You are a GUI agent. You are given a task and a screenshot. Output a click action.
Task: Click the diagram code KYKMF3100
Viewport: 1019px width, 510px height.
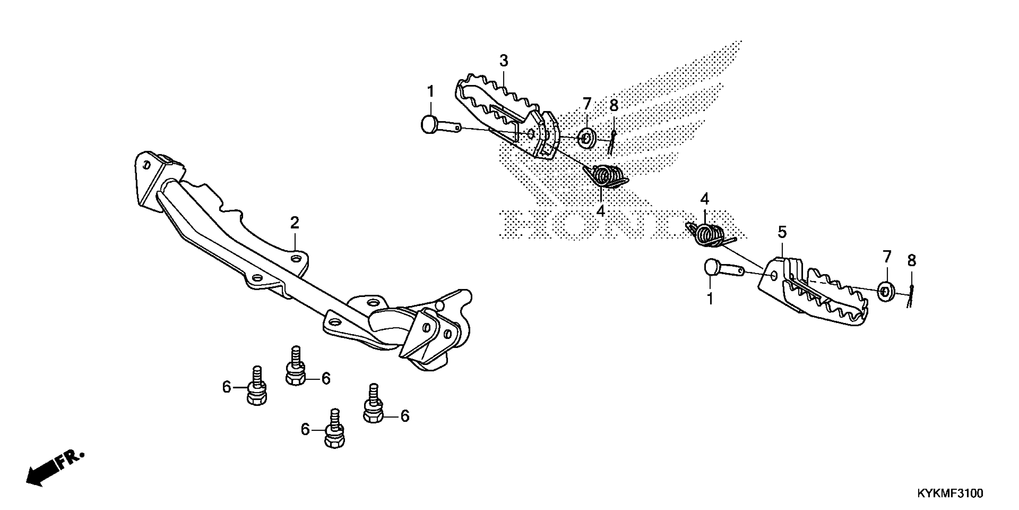[x=949, y=493]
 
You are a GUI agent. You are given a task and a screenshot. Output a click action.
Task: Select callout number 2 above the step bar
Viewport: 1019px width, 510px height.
[x=294, y=223]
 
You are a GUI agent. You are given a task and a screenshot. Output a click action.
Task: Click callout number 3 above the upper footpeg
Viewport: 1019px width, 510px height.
[x=503, y=61]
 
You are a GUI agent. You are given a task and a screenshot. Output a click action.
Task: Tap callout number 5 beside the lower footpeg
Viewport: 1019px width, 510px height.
[x=782, y=232]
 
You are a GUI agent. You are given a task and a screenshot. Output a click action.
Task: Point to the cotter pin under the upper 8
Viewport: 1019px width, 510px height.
[x=612, y=142]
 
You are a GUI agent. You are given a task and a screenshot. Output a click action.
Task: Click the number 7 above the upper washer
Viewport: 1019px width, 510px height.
[x=587, y=104]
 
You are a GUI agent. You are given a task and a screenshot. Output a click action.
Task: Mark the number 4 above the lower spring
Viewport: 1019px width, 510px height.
[x=705, y=199]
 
